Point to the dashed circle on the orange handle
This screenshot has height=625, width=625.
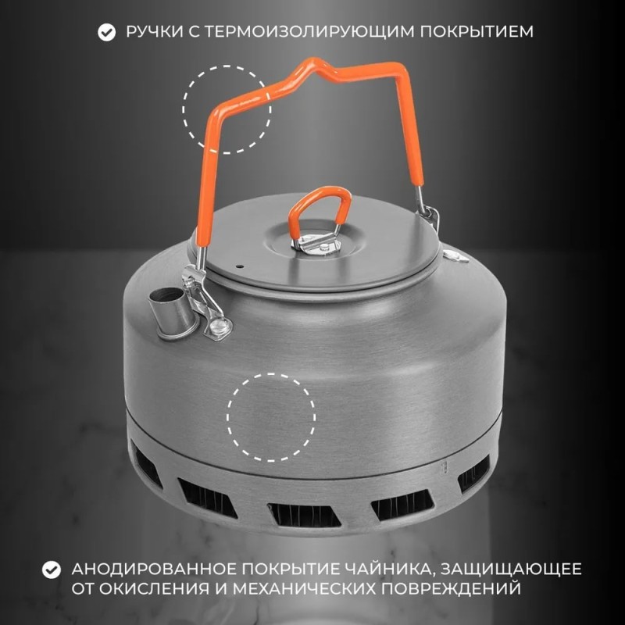pyautogui.click(x=227, y=109)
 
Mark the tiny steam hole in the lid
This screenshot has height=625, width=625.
pyautogui.click(x=240, y=266)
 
